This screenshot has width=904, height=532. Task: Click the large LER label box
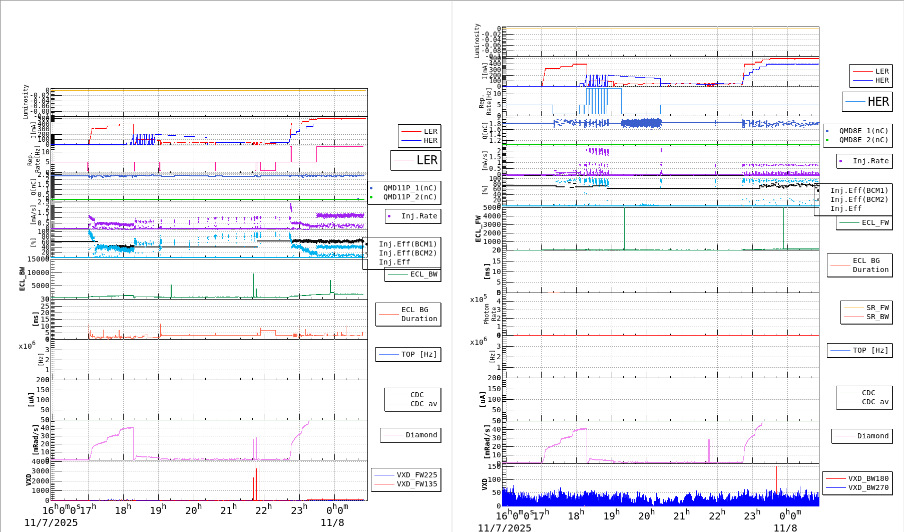(x=416, y=160)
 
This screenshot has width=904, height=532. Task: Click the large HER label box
(x=867, y=102)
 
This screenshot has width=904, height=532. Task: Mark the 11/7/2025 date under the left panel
(x=51, y=522)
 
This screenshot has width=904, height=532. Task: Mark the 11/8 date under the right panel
(x=785, y=527)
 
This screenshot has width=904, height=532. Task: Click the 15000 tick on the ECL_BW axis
(x=38, y=259)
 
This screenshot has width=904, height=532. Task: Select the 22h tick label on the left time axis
(x=263, y=509)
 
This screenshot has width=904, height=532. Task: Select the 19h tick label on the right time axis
(x=611, y=515)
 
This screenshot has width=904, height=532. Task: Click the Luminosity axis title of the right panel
(x=477, y=41)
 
